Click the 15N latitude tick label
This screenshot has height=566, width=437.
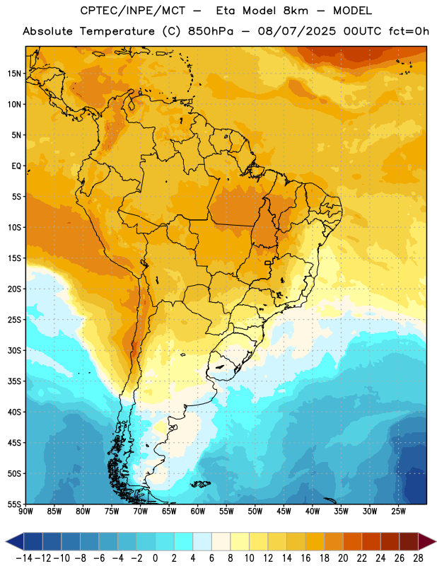pos(14,74)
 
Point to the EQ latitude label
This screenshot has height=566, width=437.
pos(16,166)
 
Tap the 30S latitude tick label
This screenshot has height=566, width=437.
pos(14,350)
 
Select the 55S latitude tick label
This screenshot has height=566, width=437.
pos(14,504)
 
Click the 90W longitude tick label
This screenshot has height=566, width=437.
pos(25,511)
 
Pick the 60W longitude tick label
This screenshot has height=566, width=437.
pos(198,511)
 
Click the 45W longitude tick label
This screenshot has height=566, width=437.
pos(284,511)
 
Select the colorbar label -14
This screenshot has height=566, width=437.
pos(25,558)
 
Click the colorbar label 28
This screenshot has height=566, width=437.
pos(418,558)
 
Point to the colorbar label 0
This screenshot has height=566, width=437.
pos(156,558)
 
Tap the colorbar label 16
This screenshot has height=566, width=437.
pos(305,558)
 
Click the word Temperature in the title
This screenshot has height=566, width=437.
pos(117,31)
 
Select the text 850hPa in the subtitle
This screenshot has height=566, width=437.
pos(211,31)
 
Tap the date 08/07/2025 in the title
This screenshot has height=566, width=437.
pos(296,31)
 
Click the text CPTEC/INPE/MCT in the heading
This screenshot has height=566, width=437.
pos(133,11)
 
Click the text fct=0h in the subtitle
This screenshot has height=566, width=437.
pos(409,31)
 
